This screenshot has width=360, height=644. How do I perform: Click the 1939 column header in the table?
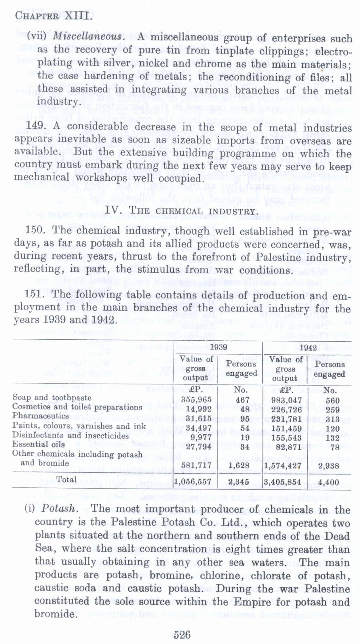click(218, 347)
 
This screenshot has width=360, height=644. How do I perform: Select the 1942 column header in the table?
click(308, 348)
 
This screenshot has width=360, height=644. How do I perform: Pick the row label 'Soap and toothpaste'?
click(52, 397)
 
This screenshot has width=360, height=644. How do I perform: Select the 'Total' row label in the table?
click(67, 480)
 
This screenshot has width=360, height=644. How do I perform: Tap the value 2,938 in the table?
click(329, 466)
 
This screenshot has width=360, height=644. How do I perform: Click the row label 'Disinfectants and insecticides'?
click(70, 435)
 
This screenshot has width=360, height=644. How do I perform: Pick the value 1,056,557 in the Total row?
click(193, 482)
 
